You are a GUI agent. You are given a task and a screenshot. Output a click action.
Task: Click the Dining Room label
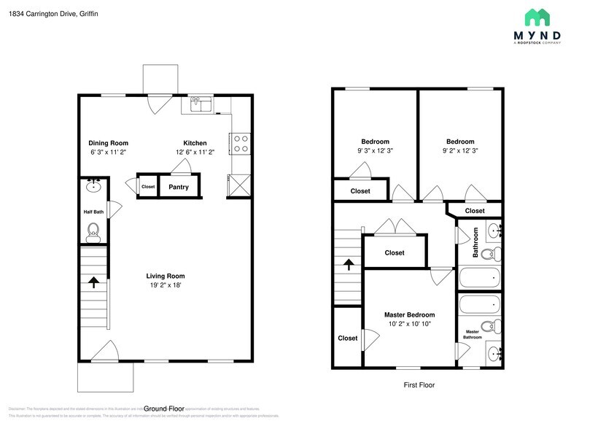[108, 143]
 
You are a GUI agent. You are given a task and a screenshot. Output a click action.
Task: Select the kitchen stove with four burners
[240, 143]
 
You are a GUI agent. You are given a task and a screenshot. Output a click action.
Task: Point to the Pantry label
[179, 188]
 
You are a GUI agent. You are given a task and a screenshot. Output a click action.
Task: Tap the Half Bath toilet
[93, 233]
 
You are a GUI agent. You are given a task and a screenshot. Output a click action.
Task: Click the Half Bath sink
[93, 185]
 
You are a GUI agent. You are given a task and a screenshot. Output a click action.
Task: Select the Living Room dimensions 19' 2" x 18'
[165, 285]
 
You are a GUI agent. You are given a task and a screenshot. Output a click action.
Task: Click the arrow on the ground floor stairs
[93, 280]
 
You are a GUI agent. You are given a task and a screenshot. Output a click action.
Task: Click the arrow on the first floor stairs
[349, 263]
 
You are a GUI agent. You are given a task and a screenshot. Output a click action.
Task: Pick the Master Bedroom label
[409, 315]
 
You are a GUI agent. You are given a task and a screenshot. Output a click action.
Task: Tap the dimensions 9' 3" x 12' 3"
[375, 151]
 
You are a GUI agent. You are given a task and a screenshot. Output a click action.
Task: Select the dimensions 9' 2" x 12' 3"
[460, 151]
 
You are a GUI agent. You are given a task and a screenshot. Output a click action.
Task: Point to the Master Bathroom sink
[494, 355]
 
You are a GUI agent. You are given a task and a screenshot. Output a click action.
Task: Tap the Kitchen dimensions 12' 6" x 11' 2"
[195, 152]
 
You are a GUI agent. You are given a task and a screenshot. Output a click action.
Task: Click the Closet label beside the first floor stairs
[395, 253]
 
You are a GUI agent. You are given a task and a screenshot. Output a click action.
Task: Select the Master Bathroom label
[472, 335]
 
